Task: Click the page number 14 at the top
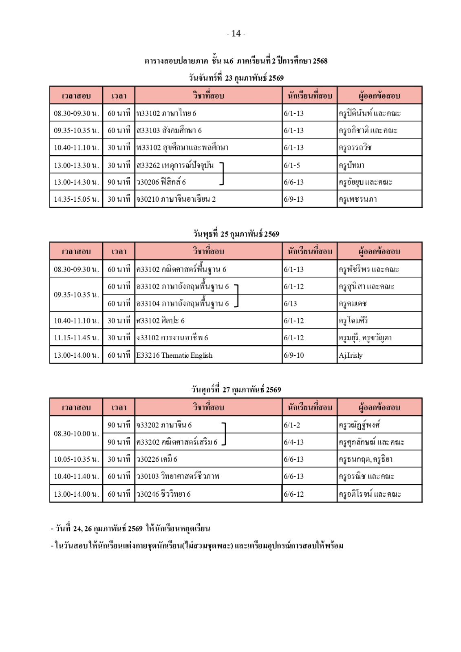point(236,34)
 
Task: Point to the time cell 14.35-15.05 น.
point(76,199)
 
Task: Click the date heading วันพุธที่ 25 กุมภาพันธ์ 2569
point(236,234)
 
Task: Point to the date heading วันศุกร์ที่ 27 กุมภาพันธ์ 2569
point(236,390)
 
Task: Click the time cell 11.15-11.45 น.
point(76,338)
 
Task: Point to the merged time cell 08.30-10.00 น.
point(76,434)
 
